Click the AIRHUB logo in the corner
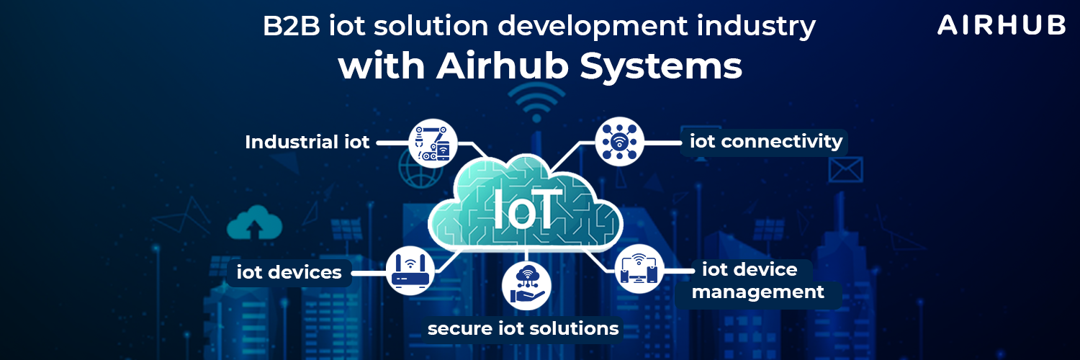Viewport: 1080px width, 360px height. click(x=1001, y=25)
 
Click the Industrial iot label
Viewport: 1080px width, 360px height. click(x=307, y=142)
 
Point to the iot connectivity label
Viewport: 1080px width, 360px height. click(x=766, y=141)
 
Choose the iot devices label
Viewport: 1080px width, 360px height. click(x=289, y=273)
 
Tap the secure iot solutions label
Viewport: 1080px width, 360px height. click(x=523, y=329)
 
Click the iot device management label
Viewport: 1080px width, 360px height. click(x=757, y=281)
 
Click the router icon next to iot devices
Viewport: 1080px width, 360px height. click(x=410, y=270)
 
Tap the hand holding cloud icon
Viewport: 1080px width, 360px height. click(x=526, y=283)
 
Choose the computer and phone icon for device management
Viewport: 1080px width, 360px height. click(x=639, y=269)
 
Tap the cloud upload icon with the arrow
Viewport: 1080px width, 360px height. click(x=253, y=223)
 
